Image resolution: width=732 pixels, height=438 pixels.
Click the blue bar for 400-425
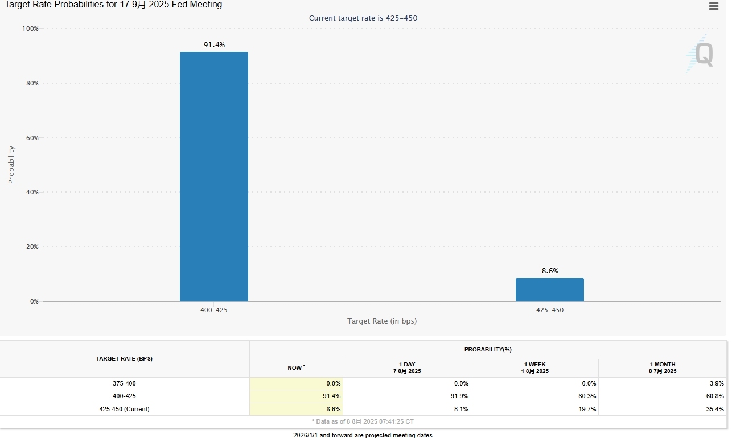pyautogui.click(x=213, y=177)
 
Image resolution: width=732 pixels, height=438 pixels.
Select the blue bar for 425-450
pyautogui.click(x=549, y=289)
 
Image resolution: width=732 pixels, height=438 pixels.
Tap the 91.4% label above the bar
pyautogui.click(x=214, y=44)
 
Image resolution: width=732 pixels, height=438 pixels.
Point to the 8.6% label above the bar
pyautogui.click(x=550, y=271)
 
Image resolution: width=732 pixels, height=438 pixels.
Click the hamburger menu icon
pyautogui.click(x=713, y=6)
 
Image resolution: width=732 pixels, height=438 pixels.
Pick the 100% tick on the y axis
pyautogui.click(x=30, y=28)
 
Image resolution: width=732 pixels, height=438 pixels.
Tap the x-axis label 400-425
pyautogui.click(x=214, y=310)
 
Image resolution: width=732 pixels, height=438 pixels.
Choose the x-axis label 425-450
pyautogui.click(x=550, y=310)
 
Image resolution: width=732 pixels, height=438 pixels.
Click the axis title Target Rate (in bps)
pyautogui.click(x=382, y=321)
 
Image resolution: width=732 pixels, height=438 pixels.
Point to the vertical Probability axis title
pyautogui.click(x=11, y=165)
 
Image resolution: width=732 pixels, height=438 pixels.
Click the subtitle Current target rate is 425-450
pyautogui.click(x=363, y=18)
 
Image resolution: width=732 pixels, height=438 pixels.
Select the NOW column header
pyautogui.click(x=295, y=368)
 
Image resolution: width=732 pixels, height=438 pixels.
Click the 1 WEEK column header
pyautogui.click(x=534, y=368)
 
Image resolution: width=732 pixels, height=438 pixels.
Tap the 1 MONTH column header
pyautogui.click(x=662, y=368)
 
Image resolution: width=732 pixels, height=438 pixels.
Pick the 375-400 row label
pyautogui.click(x=124, y=383)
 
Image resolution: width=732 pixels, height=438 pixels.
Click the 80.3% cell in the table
pyautogui.click(x=587, y=396)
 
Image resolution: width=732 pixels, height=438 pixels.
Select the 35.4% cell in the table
pyautogui.click(x=715, y=409)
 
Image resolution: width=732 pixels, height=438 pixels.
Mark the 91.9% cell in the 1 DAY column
pyautogui.click(x=459, y=396)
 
